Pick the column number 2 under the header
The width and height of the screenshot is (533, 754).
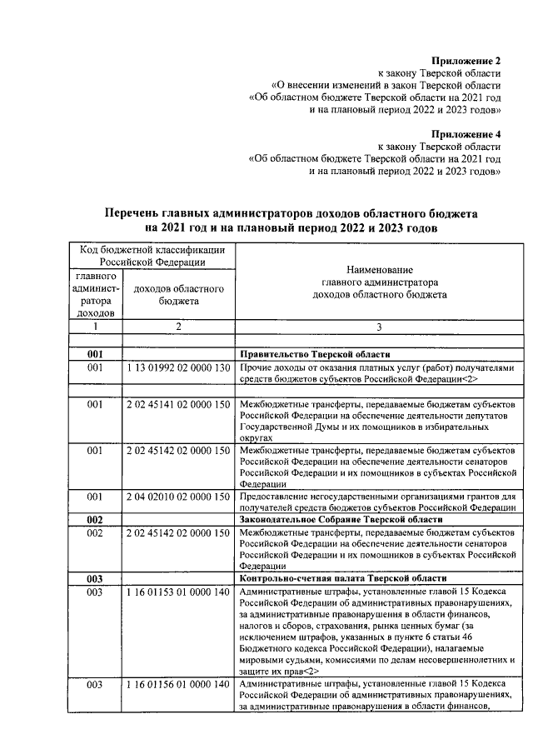click(x=178, y=327)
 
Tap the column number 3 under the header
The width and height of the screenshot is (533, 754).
click(x=379, y=327)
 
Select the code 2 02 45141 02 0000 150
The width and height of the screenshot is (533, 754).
click(x=178, y=404)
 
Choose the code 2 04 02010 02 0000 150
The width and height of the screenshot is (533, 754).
click(x=178, y=497)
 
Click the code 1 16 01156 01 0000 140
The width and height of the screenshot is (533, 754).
click(x=178, y=685)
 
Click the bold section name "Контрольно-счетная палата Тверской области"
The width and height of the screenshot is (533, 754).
click(x=342, y=578)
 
